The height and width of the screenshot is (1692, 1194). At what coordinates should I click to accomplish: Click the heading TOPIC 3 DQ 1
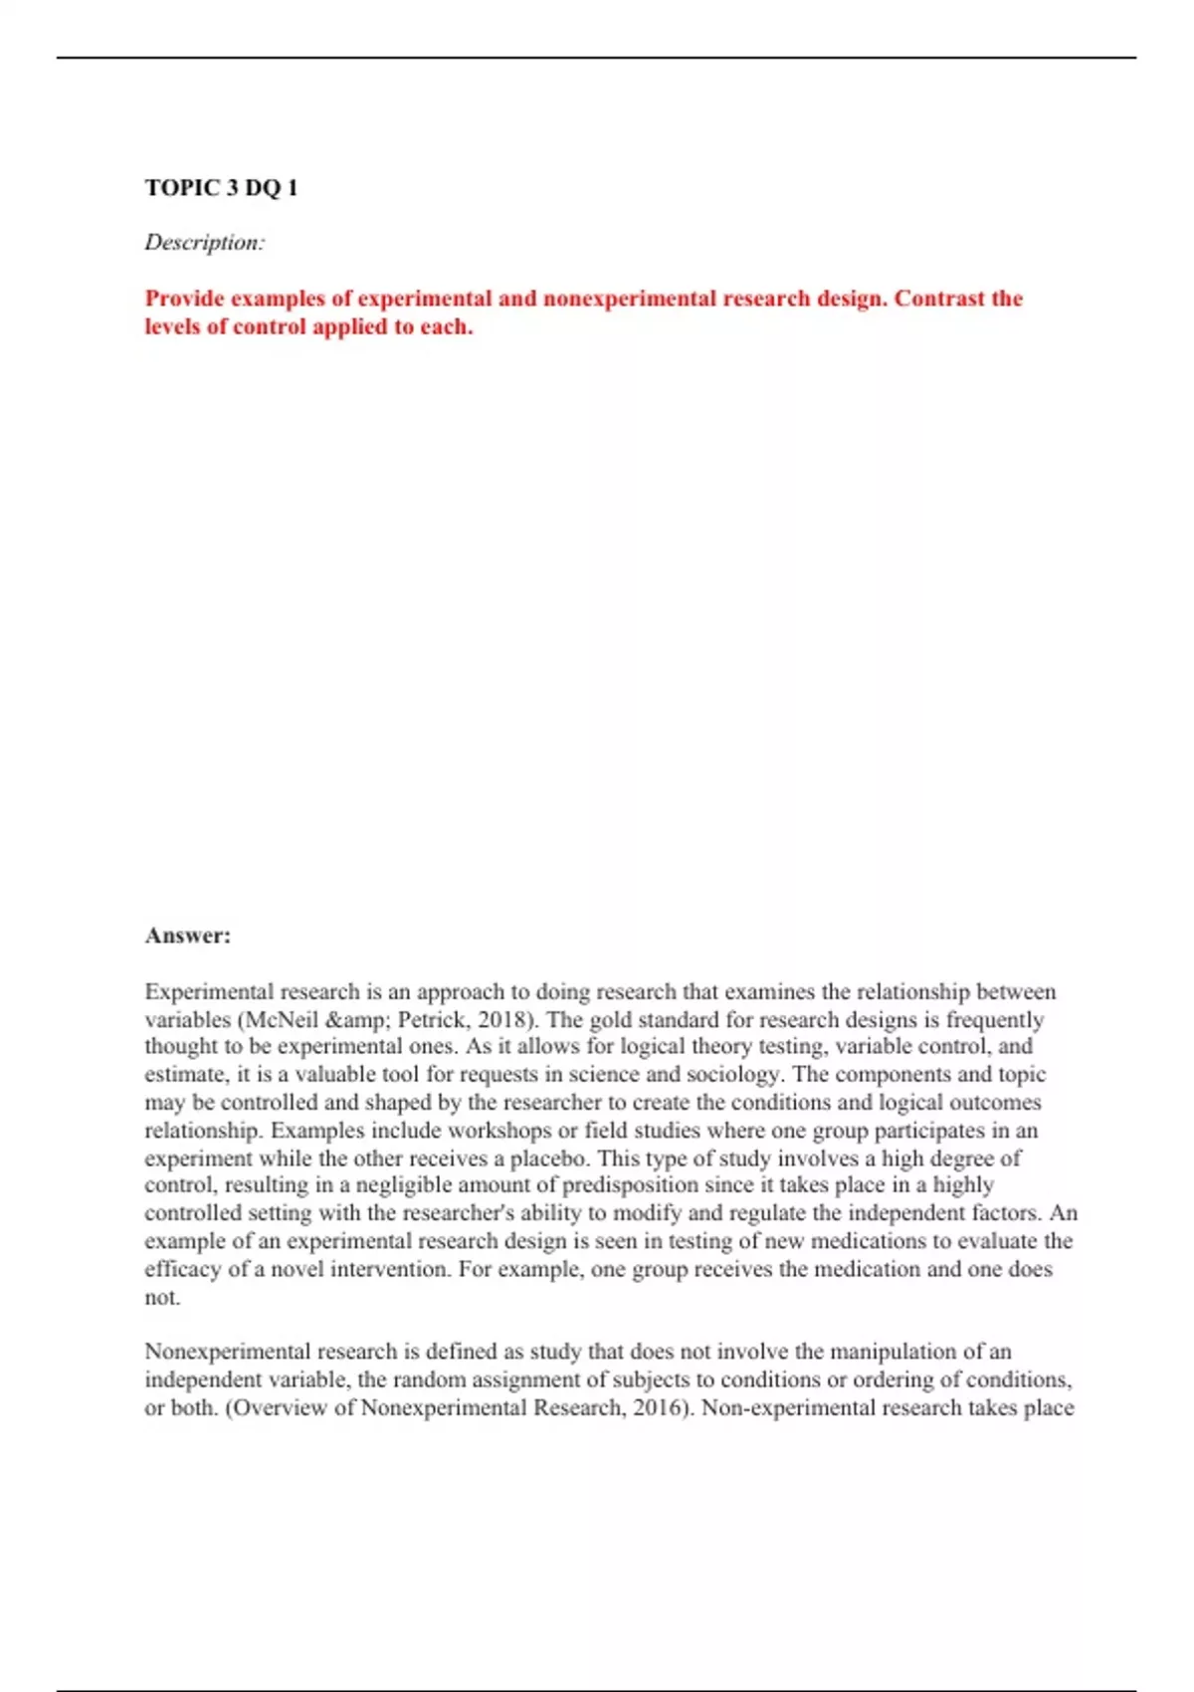[221, 188]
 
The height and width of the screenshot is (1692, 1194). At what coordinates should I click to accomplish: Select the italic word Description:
[205, 243]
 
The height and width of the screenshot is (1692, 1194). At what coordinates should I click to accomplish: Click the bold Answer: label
[187, 936]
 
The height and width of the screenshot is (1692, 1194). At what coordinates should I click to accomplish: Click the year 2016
[661, 1407]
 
